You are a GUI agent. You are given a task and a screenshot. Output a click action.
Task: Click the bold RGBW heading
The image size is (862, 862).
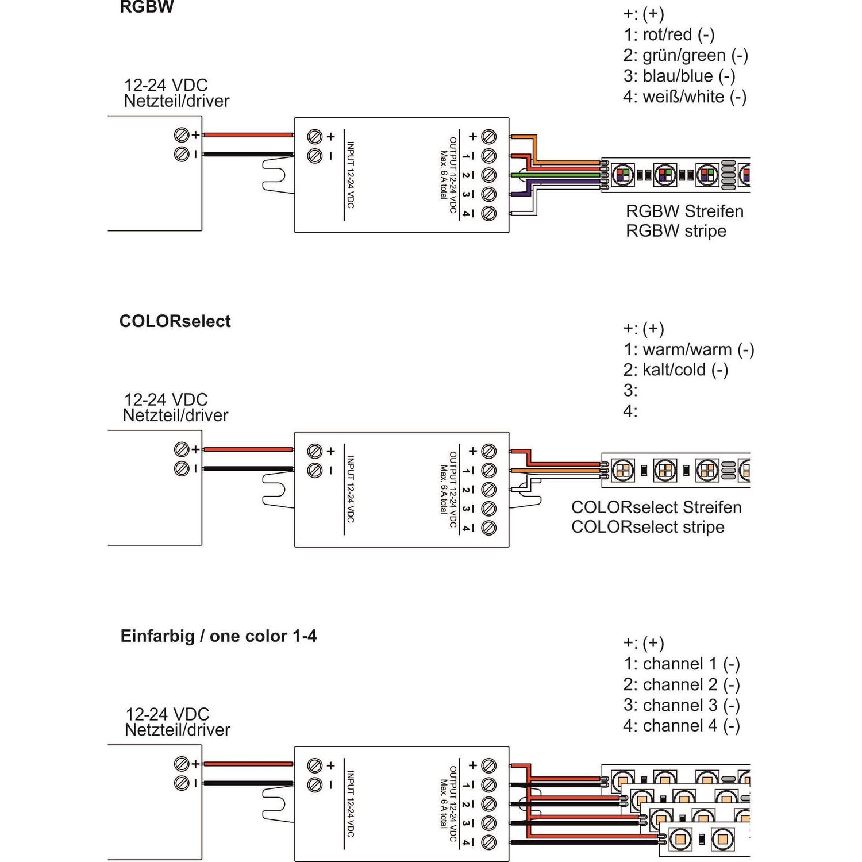[x=146, y=7]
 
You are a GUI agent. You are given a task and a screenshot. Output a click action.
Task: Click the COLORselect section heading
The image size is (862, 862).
[x=175, y=321]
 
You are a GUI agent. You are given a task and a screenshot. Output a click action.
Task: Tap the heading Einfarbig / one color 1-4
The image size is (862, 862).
[x=218, y=636]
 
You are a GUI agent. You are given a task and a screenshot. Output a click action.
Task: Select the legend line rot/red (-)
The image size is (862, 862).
[x=669, y=34]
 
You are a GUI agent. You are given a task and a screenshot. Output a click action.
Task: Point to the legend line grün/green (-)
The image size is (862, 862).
[x=686, y=55]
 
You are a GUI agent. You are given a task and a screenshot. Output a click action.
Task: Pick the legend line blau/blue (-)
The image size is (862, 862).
[x=679, y=76]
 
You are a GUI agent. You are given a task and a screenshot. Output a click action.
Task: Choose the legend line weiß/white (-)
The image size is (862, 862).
[x=685, y=97]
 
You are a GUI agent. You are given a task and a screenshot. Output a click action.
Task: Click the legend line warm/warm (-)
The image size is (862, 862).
[x=688, y=349]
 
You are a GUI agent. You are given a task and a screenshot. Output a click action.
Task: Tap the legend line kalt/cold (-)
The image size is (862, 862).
[x=676, y=370]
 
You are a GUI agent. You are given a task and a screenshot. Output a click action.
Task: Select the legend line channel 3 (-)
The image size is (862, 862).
[x=682, y=705]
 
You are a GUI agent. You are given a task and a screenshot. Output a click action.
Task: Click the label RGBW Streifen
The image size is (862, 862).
[x=684, y=211]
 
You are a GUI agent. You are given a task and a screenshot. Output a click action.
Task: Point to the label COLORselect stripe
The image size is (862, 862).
[x=648, y=527]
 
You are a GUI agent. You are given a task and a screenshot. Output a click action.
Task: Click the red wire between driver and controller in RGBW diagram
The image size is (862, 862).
[x=248, y=136]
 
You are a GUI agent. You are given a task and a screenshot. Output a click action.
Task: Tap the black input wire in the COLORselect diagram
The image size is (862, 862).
[x=248, y=469]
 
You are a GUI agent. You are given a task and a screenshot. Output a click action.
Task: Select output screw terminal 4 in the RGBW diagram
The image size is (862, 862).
[x=489, y=213]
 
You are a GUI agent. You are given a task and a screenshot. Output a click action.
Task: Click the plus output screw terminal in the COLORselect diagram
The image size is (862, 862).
[x=489, y=451]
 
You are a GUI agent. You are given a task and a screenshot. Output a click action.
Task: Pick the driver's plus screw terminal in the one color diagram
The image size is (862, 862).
[x=182, y=764]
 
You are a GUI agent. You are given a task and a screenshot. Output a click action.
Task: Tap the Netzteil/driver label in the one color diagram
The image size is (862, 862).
[x=177, y=729]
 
